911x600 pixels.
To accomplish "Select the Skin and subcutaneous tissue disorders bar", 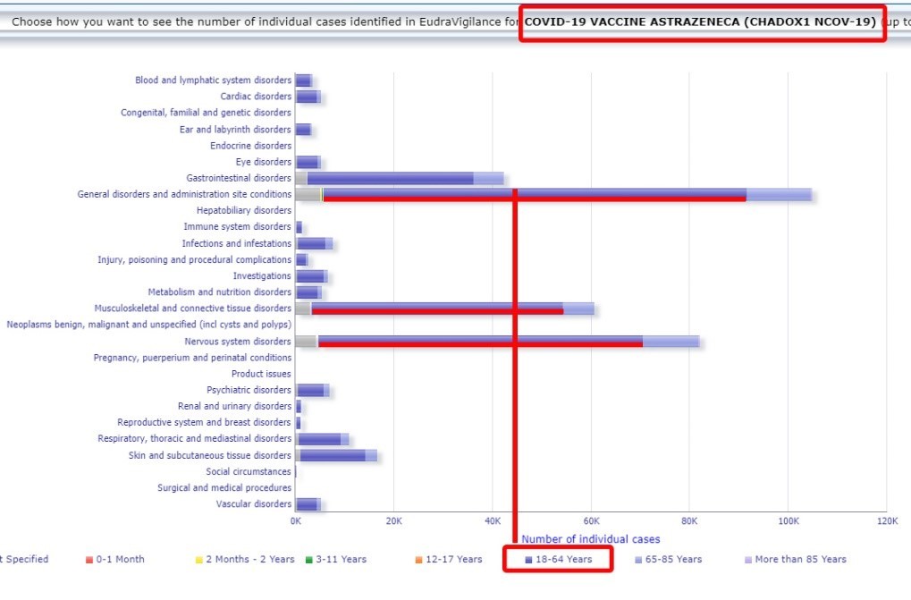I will [335, 455].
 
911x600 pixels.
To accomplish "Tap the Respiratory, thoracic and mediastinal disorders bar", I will [322, 439].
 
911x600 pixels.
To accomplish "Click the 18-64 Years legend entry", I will [559, 559].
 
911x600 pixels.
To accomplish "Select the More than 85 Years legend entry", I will [796, 559].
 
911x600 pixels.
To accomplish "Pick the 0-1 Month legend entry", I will [115, 559].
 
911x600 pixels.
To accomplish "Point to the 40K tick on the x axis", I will [493, 520].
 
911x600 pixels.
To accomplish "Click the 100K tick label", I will [788, 520].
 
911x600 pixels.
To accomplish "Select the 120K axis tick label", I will [886, 520].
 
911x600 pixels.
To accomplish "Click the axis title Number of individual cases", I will [591, 539].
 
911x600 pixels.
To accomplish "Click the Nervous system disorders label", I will [238, 341].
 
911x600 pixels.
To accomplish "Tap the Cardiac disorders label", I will [256, 97].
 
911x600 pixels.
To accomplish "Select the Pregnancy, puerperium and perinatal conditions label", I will [192, 357].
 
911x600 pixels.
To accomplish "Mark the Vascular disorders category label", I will [254, 503].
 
